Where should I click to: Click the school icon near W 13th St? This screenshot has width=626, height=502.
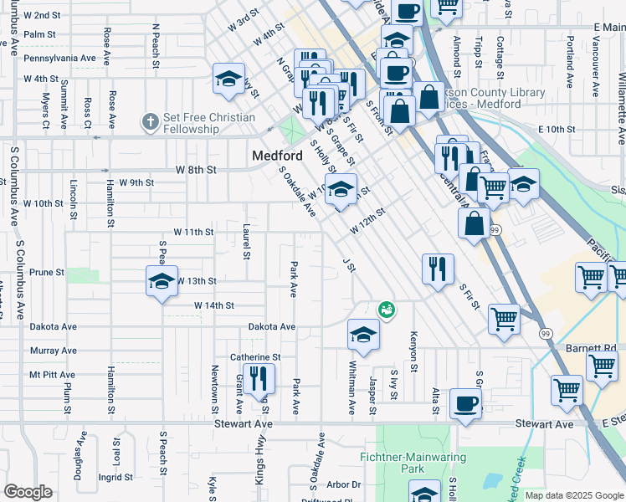click(162, 281)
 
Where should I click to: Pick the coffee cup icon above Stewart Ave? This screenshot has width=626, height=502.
click(465, 403)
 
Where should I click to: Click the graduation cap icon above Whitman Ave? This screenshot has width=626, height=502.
click(362, 335)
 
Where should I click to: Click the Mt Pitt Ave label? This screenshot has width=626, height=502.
click(48, 375)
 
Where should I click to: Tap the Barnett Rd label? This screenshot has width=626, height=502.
click(597, 347)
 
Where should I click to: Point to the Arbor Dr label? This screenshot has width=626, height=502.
click(343, 484)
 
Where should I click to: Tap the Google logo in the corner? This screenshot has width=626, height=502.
click(28, 492)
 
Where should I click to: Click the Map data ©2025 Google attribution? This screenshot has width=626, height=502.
click(573, 495)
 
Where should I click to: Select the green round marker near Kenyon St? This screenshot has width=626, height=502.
click(386, 310)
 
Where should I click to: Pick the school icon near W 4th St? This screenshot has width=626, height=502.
click(228, 79)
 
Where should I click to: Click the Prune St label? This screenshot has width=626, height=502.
click(47, 273)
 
